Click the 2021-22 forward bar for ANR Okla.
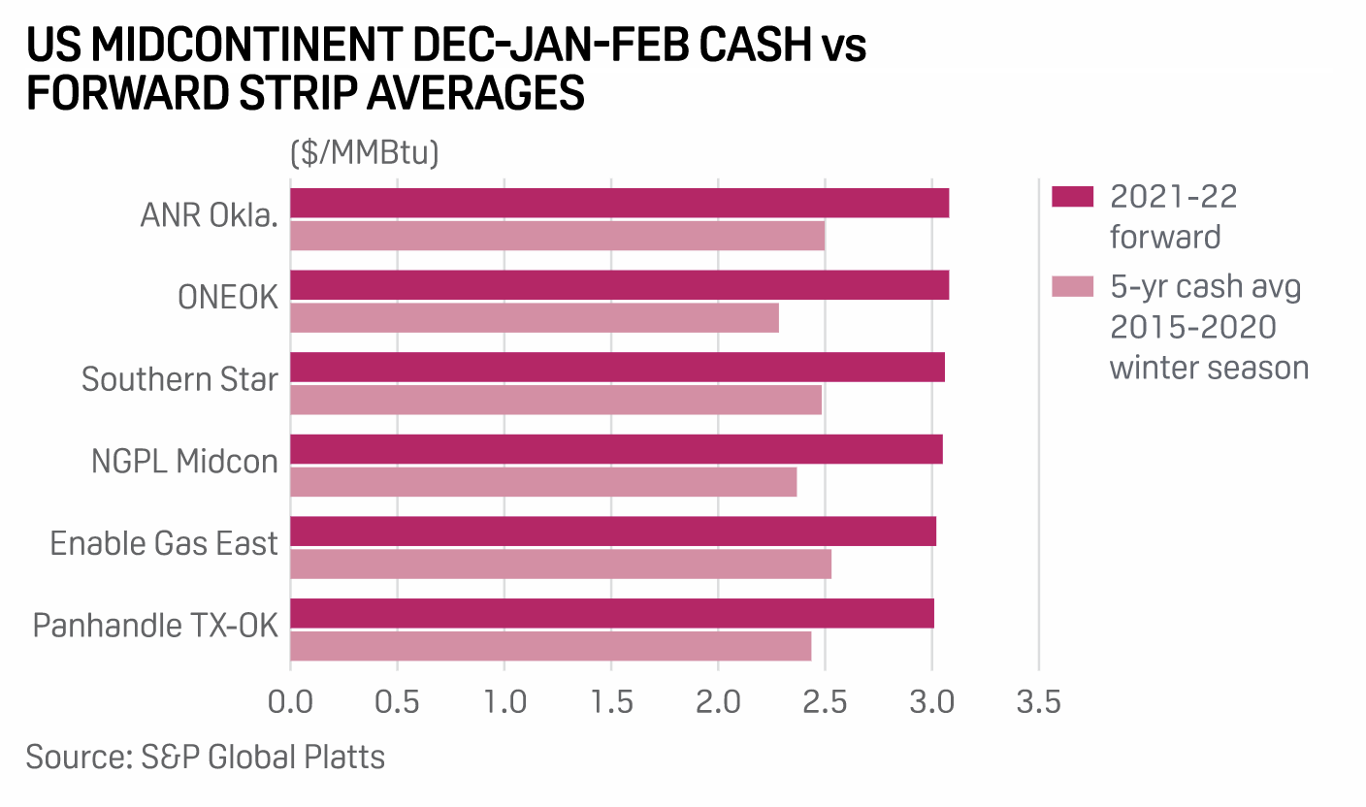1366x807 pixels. coord(619,204)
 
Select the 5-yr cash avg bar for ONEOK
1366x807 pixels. coord(535,318)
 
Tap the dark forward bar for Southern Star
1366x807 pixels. coord(617,368)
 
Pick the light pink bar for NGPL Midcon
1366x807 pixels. coord(543,482)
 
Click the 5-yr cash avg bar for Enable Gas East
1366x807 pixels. coord(561,565)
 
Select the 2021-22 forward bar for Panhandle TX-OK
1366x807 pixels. coord(612,613)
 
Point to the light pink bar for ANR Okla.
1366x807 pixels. coord(558,236)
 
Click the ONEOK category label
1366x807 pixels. coord(228,299)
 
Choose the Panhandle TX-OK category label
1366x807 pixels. coord(155,625)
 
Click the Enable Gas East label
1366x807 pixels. coord(164,543)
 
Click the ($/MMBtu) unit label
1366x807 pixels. coord(364,153)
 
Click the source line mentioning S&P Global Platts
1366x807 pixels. coord(206,757)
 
